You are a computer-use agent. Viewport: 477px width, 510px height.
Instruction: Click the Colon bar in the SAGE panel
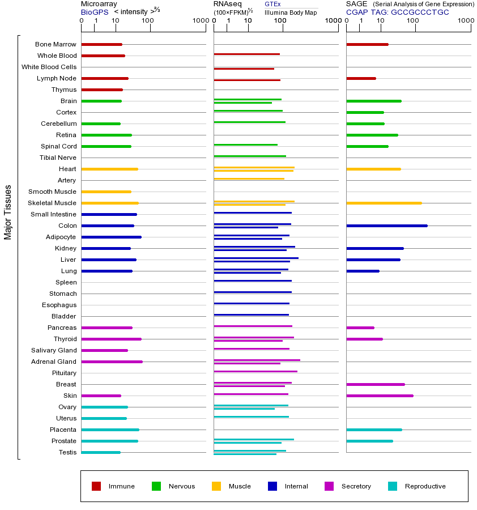pyautogui.click(x=386, y=226)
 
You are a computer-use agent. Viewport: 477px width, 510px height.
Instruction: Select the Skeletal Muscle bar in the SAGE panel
pyautogui.click(x=384, y=203)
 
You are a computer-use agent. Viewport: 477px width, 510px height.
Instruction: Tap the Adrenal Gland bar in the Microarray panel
pyautogui.click(x=112, y=362)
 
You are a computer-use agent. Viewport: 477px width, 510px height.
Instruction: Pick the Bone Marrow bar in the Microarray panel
pyautogui.click(x=101, y=44)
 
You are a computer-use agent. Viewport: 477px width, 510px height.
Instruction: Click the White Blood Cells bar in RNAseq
pyautogui.click(x=244, y=69)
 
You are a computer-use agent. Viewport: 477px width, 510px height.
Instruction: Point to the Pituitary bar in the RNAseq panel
pyautogui.click(x=255, y=371)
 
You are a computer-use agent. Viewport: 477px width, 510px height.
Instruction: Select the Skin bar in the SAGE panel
pyautogui.click(x=380, y=396)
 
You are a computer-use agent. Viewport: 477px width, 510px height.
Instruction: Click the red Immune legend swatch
pyautogui.click(x=96, y=486)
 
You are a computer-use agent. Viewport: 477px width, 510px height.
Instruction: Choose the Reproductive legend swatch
pyautogui.click(x=393, y=486)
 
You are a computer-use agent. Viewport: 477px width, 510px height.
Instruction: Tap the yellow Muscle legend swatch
pyautogui.click(x=216, y=486)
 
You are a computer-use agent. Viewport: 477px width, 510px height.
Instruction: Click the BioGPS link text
pyautogui.click(x=95, y=12)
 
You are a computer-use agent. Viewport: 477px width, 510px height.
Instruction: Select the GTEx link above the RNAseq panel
pyautogui.click(x=272, y=4)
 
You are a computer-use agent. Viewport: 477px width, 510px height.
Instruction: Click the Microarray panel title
pyautogui.click(x=99, y=4)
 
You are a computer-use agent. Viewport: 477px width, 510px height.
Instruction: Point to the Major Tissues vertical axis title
pyautogui.click(x=8, y=211)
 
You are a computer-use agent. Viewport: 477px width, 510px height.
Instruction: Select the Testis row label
pyautogui.click(x=67, y=452)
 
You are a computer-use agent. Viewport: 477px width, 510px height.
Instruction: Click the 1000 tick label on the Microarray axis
pyautogui.click(x=199, y=21)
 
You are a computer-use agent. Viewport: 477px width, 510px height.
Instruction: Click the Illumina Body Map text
pyautogui.click(x=291, y=12)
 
